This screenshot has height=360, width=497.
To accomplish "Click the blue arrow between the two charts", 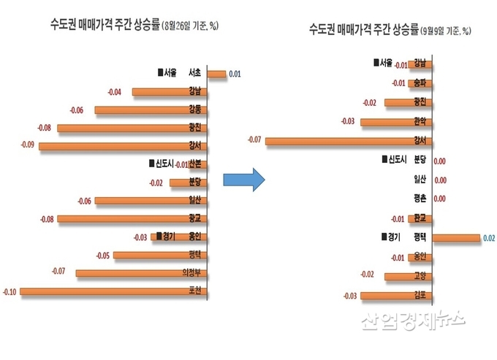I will (242, 179).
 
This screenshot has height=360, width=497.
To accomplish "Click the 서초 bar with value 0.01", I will (216, 74).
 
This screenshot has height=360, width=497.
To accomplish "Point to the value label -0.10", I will (10, 291).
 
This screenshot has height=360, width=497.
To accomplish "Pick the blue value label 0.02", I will (487, 237).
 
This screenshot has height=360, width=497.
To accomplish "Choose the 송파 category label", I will (420, 83).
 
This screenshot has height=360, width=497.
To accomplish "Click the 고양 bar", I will (406, 276).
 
